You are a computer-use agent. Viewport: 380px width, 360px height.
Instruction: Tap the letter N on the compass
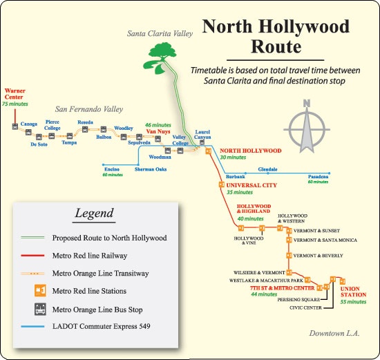click(x=307, y=104)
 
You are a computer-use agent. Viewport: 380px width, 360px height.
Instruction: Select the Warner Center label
click(x=15, y=94)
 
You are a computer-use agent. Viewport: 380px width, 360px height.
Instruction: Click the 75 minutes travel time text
click(x=15, y=104)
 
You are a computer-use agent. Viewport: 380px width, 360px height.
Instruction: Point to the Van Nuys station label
click(x=158, y=131)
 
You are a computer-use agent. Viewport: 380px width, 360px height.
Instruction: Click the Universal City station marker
click(x=222, y=184)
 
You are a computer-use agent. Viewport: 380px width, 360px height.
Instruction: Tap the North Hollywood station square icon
click(x=208, y=151)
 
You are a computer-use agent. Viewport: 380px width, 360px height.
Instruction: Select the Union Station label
click(x=353, y=292)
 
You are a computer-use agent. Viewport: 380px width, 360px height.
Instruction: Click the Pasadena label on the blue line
click(x=319, y=176)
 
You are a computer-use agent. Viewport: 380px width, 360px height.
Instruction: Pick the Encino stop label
click(x=112, y=169)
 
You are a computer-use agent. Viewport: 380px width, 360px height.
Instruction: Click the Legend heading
click(x=94, y=214)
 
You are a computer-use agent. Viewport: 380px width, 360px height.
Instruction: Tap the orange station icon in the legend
click(x=40, y=290)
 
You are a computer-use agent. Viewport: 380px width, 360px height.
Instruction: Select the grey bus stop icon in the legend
click(x=40, y=310)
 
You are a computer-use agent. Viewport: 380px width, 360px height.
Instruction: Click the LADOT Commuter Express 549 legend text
click(x=102, y=326)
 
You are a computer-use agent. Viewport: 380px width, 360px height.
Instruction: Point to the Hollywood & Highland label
click(x=254, y=209)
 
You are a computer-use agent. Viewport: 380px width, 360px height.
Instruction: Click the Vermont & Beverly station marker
click(x=289, y=255)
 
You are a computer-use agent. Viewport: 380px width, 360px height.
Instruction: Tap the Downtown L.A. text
click(x=334, y=333)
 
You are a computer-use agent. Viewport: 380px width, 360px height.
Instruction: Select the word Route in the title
click(x=276, y=46)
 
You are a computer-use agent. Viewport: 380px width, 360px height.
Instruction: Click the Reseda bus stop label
click(x=85, y=122)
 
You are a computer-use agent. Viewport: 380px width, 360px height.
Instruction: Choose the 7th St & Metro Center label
click(x=283, y=288)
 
